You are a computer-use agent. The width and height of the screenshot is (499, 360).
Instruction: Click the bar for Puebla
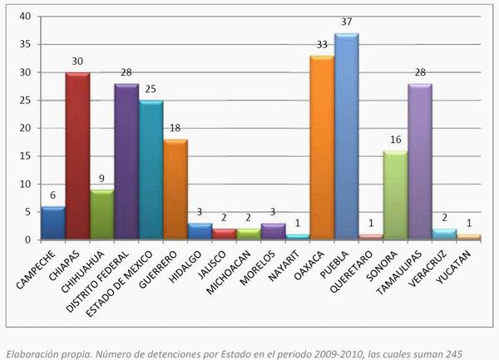click(x=346, y=137)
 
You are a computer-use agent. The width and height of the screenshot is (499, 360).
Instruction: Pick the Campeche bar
click(x=52, y=223)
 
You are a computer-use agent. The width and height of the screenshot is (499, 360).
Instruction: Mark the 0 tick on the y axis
click(x=28, y=240)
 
